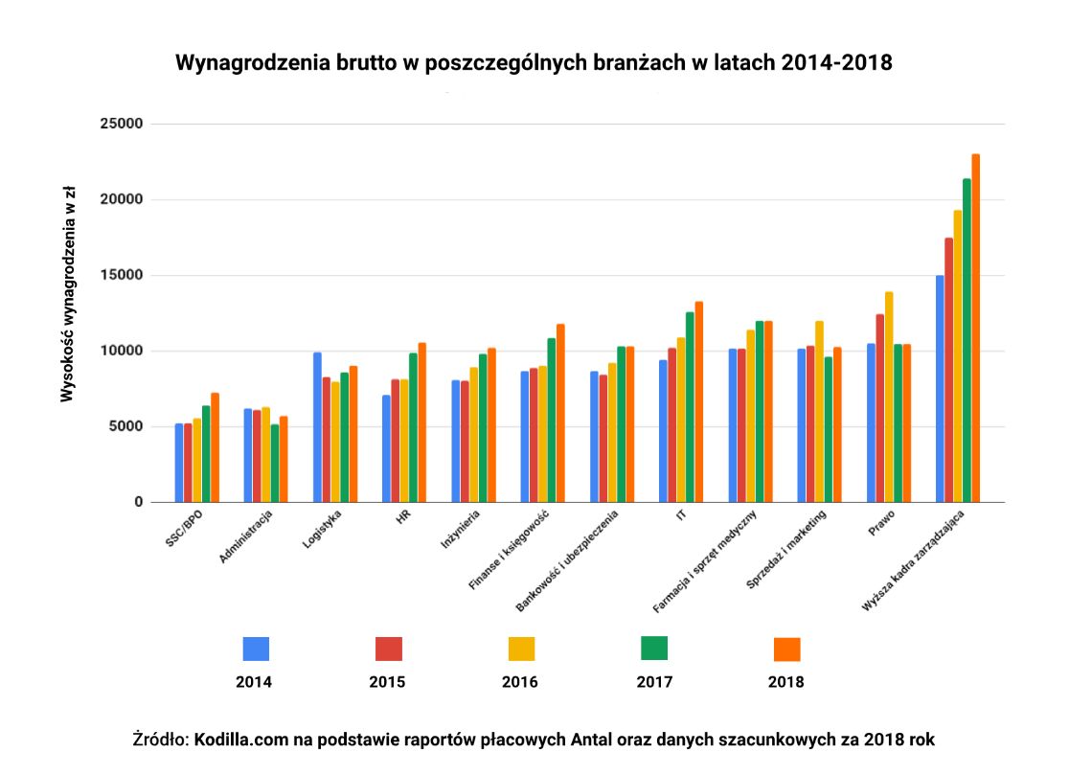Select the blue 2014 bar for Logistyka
(317, 427)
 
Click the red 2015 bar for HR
(396, 441)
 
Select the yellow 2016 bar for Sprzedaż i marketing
(820, 411)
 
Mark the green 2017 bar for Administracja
(275, 464)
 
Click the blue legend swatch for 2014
(256, 649)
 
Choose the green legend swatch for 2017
(654, 649)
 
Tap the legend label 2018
(785, 683)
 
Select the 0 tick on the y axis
(138, 502)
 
